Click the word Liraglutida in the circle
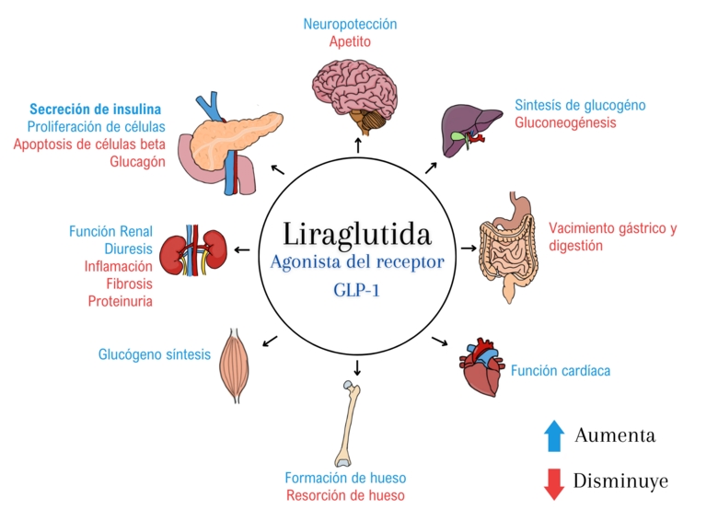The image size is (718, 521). coord(357,234)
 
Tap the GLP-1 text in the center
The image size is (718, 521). coord(357,290)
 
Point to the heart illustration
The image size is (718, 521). coord(482,367)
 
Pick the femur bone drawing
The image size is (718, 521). coord(349,424)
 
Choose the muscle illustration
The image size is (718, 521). coord(235,365)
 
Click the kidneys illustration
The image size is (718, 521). coord(193,250)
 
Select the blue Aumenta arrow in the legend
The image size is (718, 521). coord(554,435)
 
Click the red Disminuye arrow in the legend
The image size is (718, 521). coord(554,484)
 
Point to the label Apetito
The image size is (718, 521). coord(350,41)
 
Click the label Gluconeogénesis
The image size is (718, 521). coord(565,122)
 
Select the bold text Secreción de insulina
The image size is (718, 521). coord(95,109)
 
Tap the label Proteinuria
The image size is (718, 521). coord(120,301)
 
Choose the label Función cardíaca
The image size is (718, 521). coord(561,370)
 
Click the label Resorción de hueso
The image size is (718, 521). coord(346,495)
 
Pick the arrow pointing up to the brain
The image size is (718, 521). coord(358,145)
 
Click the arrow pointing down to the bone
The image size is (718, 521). coord(357,367)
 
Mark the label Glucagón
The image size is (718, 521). coord(137,162)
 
